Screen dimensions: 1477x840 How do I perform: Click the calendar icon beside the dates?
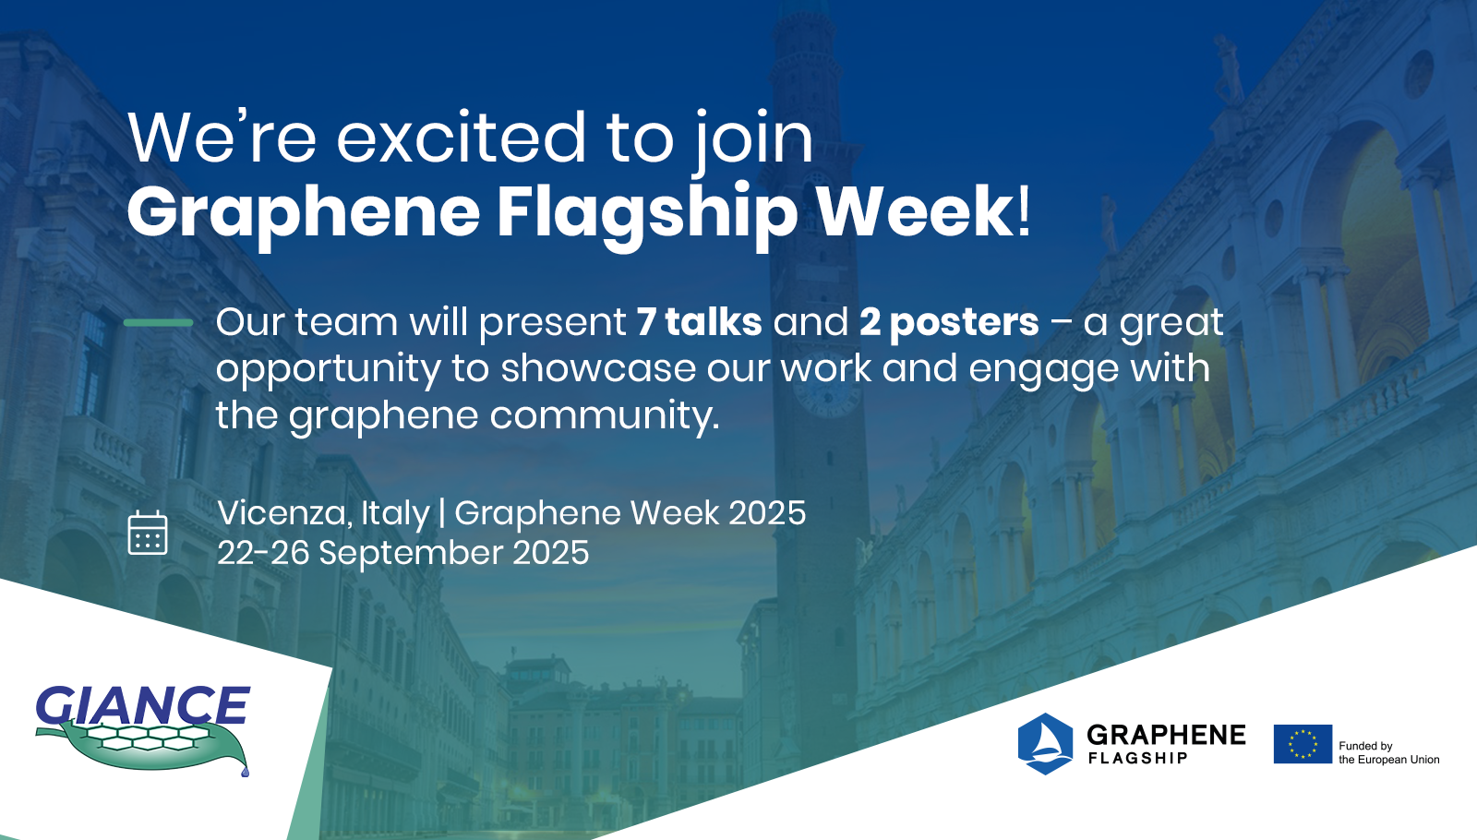click(148, 532)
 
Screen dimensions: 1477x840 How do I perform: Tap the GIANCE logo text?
click(143, 705)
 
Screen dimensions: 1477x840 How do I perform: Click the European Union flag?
click(1303, 744)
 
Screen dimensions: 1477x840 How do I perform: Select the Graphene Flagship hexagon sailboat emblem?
click(1045, 743)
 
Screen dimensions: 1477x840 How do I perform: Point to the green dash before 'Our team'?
click(158, 322)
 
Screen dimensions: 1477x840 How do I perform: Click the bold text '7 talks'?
click(699, 322)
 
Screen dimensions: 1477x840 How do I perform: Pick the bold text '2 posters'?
click(949, 323)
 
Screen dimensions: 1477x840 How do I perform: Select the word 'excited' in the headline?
click(461, 138)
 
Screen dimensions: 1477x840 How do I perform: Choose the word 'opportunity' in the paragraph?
click(328, 369)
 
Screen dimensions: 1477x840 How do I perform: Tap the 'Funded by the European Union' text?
click(1388, 752)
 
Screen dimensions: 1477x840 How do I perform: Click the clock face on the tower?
click(827, 398)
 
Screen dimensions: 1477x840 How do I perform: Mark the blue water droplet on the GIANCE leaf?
click(246, 771)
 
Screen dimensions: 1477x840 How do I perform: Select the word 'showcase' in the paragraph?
click(598, 368)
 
